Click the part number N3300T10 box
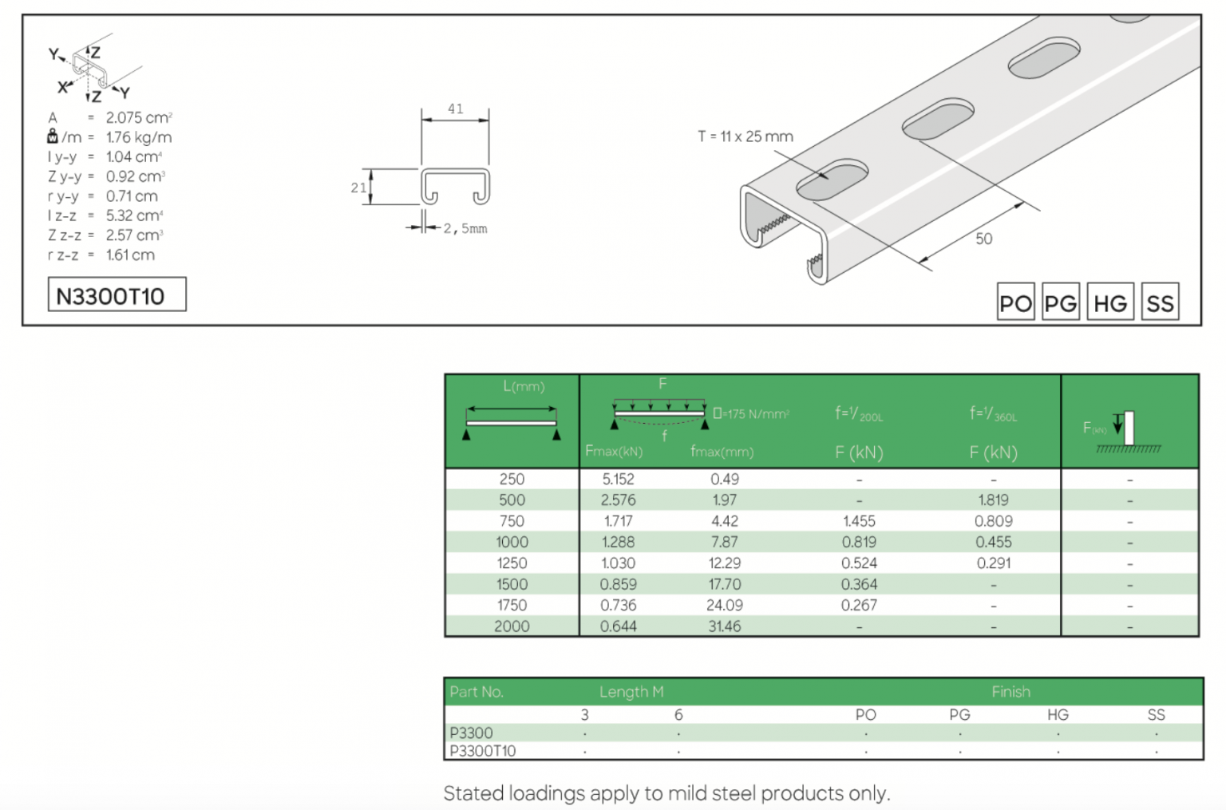117,294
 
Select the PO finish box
1015,302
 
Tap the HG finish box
1109,302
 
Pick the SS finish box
1159,302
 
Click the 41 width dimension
455,109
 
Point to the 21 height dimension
358,188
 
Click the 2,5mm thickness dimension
465,229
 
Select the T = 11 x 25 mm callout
745,136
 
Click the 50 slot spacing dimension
983,239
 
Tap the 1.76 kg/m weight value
138,137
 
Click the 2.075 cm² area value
138,117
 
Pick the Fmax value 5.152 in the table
618,479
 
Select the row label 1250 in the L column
512,563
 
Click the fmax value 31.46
724,626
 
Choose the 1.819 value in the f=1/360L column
993,500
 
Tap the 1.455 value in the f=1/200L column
859,521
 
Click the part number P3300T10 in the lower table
482,751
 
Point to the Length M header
631,692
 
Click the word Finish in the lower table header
1010,692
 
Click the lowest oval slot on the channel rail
831,180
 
